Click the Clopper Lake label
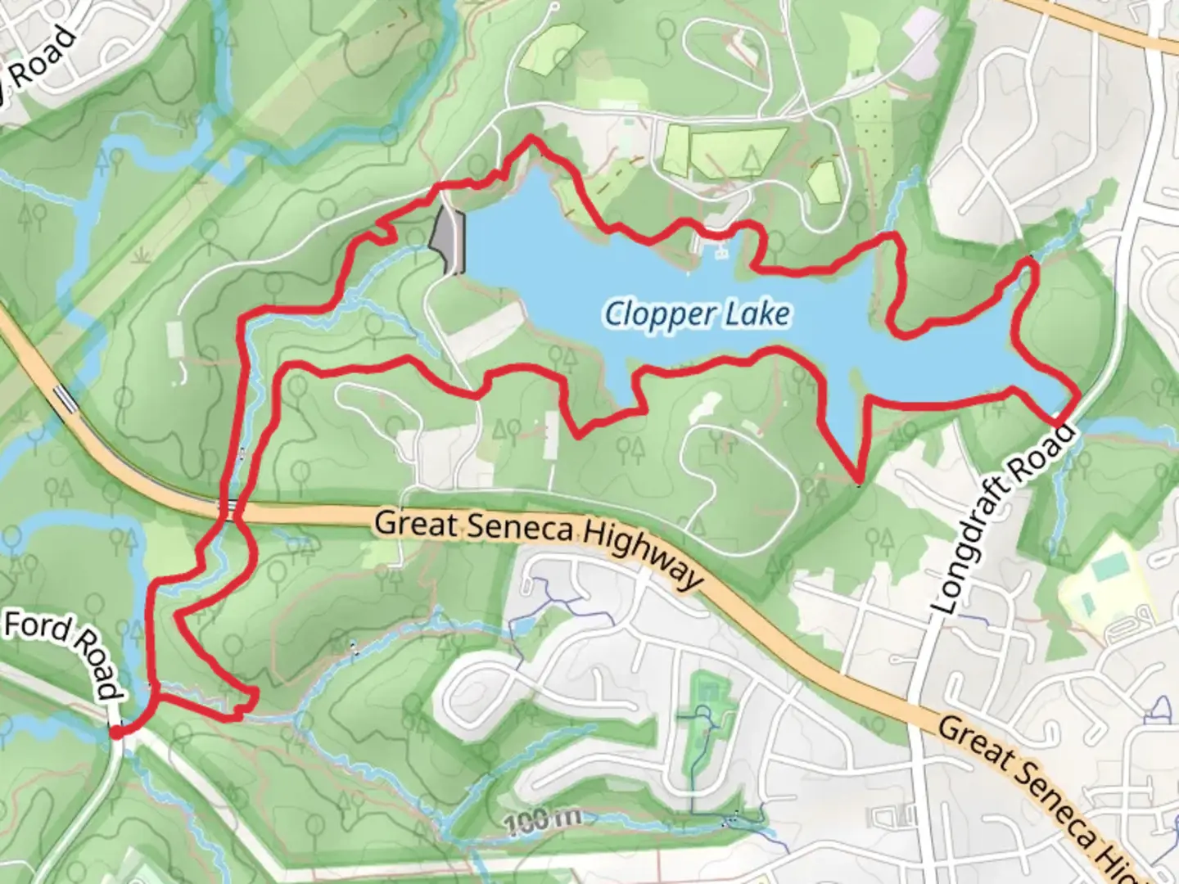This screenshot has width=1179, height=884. pos(698,314)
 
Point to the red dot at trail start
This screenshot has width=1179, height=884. pos(116,733)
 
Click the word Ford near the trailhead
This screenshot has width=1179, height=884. pos(37,629)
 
